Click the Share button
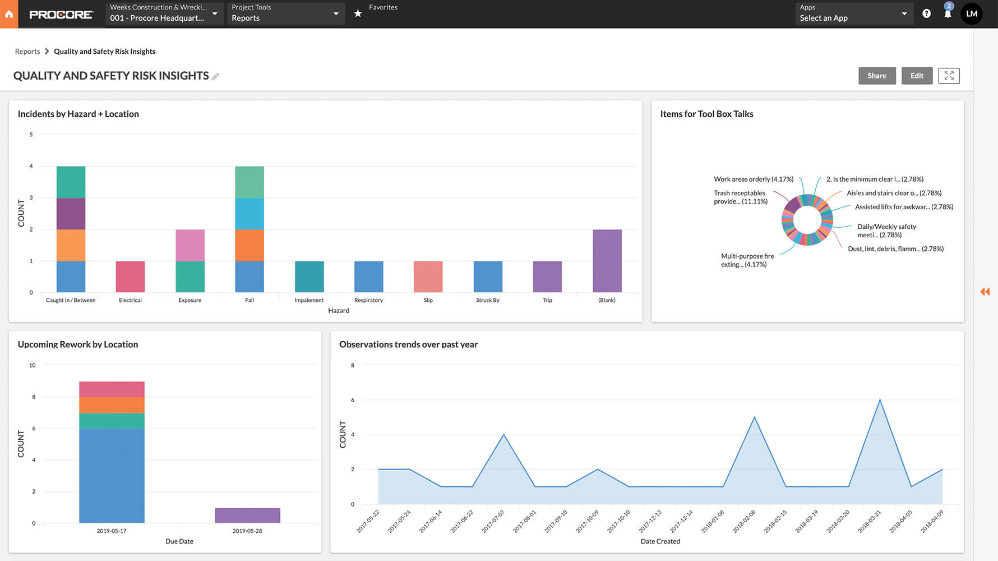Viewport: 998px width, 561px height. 876,76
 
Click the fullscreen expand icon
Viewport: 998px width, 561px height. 949,76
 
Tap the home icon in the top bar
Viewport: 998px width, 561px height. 9,14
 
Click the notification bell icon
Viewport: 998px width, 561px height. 948,14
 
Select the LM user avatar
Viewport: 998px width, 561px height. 972,13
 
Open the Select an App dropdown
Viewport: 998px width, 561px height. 853,13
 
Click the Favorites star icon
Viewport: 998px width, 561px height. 358,13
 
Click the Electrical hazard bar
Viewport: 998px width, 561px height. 130,276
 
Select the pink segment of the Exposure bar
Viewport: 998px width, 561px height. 190,245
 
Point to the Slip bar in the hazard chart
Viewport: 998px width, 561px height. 428,276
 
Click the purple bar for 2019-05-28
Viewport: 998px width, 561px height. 247,515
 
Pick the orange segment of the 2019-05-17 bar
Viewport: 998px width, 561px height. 112,405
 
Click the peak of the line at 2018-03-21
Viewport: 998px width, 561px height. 880,400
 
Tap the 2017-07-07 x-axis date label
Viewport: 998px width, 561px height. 494,521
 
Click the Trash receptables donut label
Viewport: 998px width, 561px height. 740,197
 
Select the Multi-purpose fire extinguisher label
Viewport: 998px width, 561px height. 747,260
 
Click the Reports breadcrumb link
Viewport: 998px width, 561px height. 27,52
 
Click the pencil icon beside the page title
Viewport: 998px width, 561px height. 215,76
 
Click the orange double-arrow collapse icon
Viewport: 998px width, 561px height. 985,291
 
